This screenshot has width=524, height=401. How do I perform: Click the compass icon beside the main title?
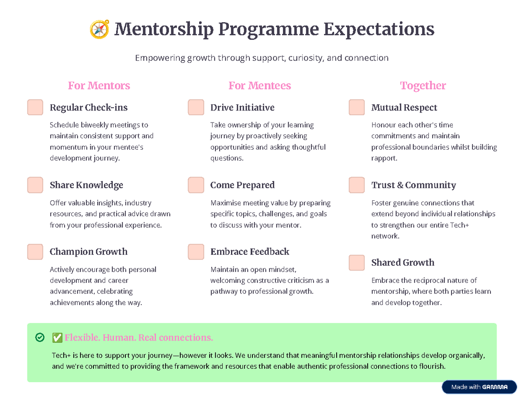pos(99,30)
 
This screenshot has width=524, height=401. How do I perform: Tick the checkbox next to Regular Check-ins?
pos(35,107)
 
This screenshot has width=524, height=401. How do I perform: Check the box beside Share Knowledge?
pos(35,185)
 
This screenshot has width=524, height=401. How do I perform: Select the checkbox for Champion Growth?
pos(35,252)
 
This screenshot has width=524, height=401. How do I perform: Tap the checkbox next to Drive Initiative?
pos(196,107)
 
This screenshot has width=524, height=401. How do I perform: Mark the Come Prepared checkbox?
pos(196,185)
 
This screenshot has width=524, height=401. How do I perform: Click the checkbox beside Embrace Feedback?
pos(196,252)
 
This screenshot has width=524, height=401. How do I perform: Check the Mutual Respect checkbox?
pos(357,107)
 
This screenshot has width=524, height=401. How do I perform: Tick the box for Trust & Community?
pos(357,185)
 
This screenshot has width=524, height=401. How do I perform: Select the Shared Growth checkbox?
pos(357,263)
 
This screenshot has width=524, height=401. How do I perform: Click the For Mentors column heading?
pos(99,86)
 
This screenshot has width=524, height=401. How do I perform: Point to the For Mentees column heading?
pos(260,86)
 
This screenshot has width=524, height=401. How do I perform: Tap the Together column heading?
pos(423,86)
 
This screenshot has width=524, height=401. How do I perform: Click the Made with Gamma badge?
pos(479,387)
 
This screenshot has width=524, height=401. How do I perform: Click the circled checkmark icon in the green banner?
pos(40,337)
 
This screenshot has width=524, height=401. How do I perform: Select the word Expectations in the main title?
pos(379,30)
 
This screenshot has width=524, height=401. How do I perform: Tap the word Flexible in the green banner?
pos(82,337)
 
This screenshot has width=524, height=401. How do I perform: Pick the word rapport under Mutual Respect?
pos(384,158)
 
